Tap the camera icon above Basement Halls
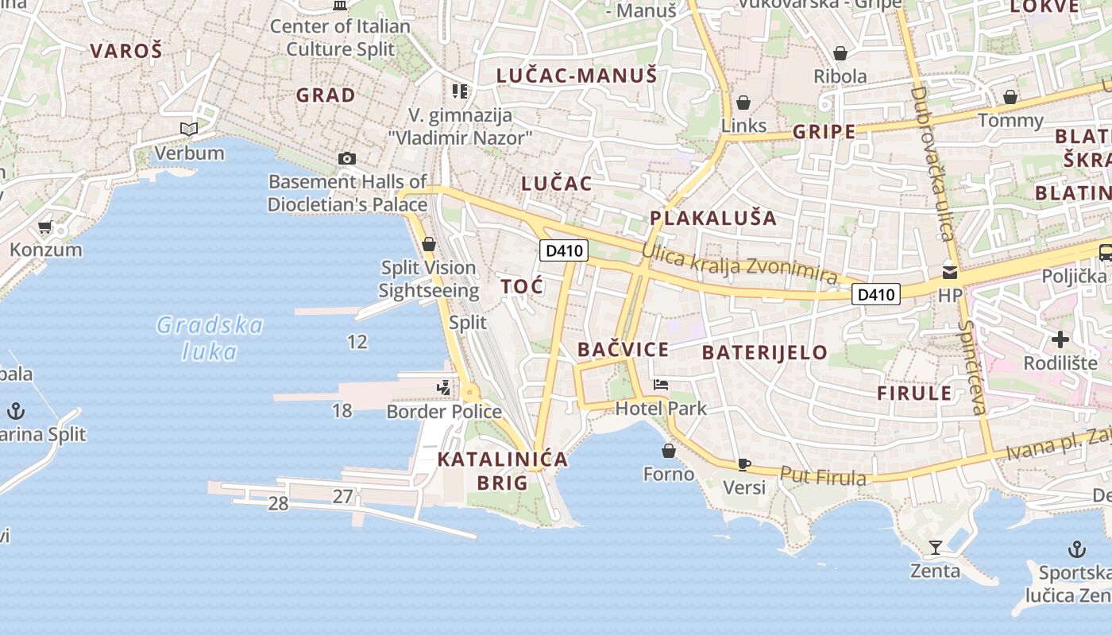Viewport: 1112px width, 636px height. [346, 158]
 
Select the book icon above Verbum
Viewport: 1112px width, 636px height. [188, 129]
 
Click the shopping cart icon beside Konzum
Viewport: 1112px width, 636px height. [45, 227]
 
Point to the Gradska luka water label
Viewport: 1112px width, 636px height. [210, 337]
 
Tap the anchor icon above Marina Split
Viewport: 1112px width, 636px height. [16, 411]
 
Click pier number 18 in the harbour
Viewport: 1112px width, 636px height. [342, 411]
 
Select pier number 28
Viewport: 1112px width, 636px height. [278, 503]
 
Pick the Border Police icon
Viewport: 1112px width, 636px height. [444, 388]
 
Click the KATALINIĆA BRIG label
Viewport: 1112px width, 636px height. [503, 471]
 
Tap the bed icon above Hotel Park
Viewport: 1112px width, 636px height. [661, 386]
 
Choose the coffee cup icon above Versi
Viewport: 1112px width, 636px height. [743, 464]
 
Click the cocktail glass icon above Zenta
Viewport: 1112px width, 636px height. [935, 547]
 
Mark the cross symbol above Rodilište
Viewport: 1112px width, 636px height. [1060, 340]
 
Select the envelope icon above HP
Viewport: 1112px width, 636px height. [949, 273]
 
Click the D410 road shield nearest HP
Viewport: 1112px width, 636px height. [876, 295]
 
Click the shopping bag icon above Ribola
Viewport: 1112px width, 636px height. [840, 53]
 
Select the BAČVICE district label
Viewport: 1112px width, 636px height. [623, 349]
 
